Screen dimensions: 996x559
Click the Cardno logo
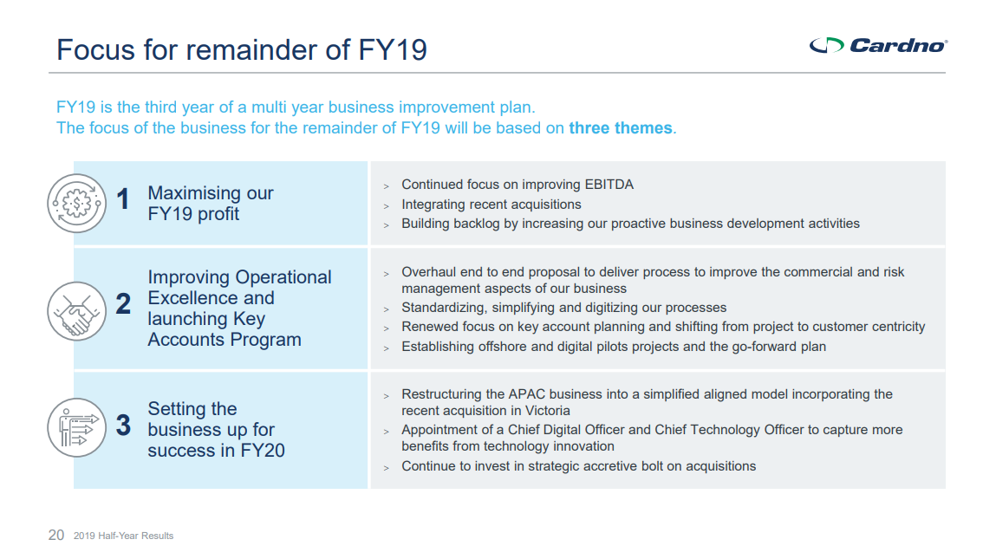point(878,45)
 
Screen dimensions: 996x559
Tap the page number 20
point(56,535)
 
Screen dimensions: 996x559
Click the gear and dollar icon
point(77,204)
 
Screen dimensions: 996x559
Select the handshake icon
point(77,311)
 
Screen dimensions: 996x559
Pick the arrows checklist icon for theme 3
point(77,427)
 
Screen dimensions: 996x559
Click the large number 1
point(123,198)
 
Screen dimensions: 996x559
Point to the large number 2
point(123,303)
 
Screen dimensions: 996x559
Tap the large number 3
point(123,425)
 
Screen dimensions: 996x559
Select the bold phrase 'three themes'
point(620,127)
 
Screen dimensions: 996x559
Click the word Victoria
point(548,410)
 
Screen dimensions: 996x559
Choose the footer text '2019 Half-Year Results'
point(123,536)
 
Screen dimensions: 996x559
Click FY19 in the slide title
point(393,49)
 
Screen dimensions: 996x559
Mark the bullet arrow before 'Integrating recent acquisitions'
point(387,205)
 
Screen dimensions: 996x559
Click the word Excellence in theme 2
point(192,298)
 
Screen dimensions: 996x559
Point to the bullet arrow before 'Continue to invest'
point(387,468)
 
